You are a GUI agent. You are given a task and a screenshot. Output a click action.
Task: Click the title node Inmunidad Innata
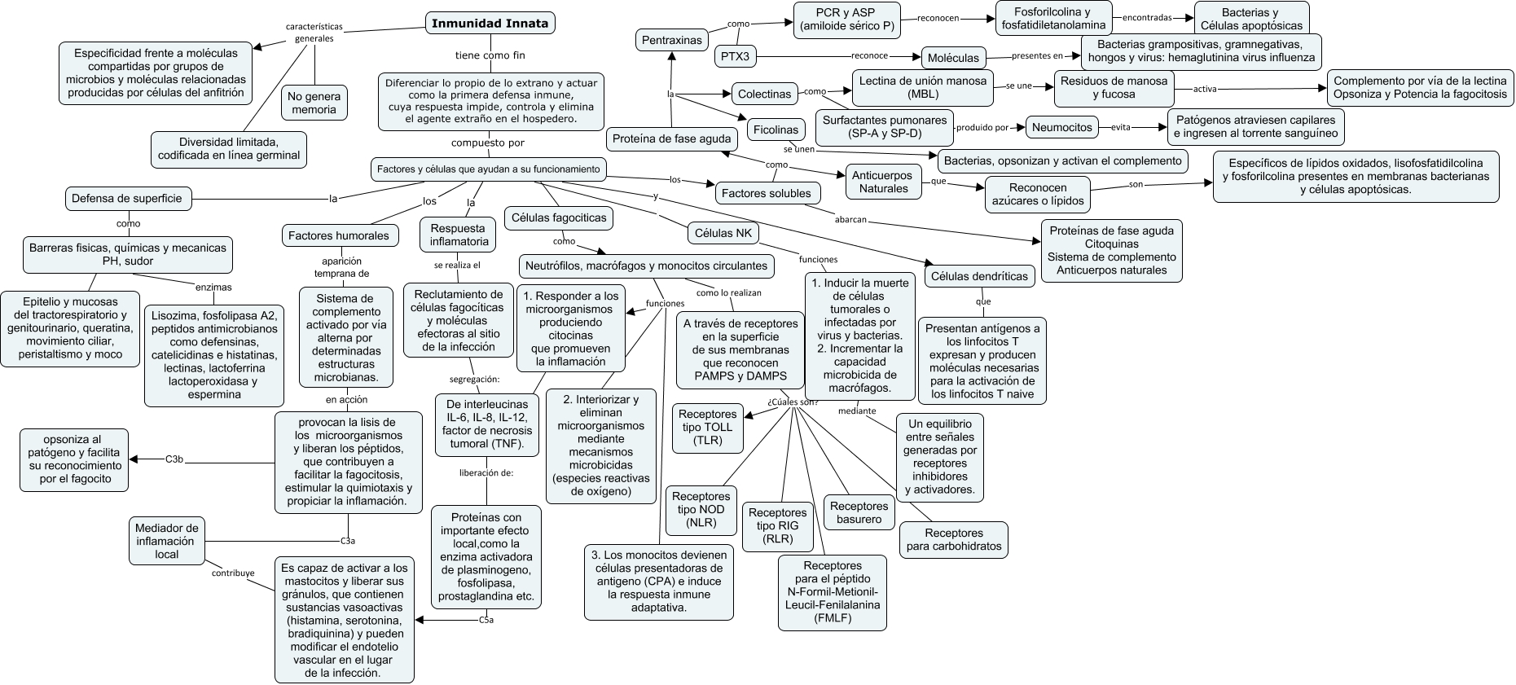[x=490, y=23]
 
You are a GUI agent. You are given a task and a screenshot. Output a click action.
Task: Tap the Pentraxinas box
[x=672, y=40]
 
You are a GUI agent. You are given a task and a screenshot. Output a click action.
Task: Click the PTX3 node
[x=736, y=56]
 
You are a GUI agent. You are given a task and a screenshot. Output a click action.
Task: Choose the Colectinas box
[x=764, y=94]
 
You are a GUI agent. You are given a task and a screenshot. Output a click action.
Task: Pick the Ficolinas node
[x=776, y=130]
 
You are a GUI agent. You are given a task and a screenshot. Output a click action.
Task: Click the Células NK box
[x=723, y=233]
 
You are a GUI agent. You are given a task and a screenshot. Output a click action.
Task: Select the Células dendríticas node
[x=980, y=276]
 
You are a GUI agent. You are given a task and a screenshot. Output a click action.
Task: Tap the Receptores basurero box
[x=859, y=512]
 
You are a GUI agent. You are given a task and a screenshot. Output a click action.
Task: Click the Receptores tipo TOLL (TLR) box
[x=708, y=428]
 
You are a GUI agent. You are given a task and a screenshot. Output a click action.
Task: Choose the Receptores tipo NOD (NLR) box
[x=701, y=510]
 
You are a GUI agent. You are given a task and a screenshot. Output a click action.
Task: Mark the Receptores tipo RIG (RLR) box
[x=778, y=526]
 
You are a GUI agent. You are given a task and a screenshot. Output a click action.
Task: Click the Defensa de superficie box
[x=127, y=198]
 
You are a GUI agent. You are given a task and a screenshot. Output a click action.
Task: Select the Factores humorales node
[x=339, y=235]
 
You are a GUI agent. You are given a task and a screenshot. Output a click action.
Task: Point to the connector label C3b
[x=174, y=459]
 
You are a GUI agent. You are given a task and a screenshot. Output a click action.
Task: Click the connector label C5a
[x=486, y=620]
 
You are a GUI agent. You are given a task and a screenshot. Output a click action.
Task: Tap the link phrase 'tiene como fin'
[x=490, y=55]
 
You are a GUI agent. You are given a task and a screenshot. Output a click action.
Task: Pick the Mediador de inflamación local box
[x=167, y=541]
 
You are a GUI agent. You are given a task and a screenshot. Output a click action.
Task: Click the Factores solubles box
[x=767, y=193]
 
